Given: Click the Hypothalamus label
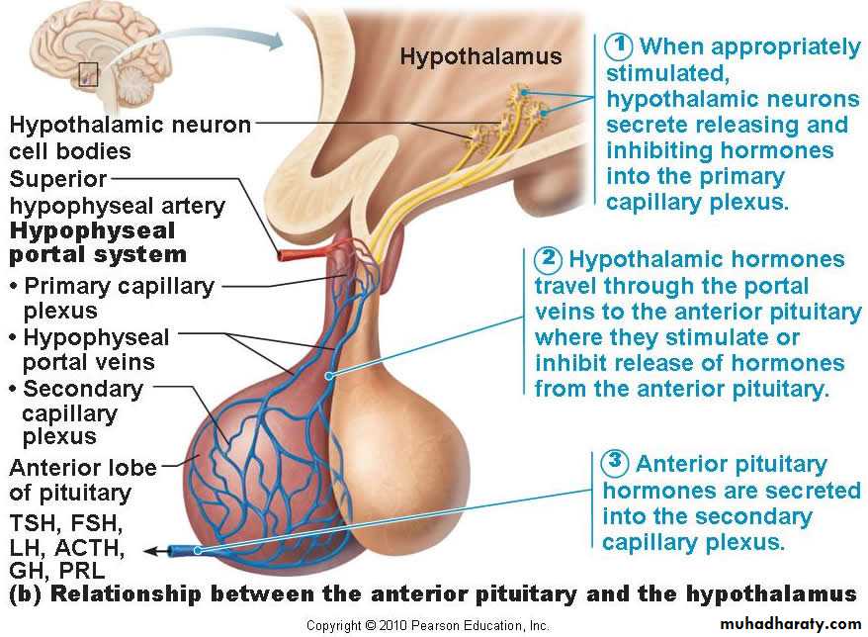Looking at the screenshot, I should [x=479, y=56].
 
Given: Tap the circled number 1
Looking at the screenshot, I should [x=619, y=46].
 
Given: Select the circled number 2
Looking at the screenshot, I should [x=548, y=260].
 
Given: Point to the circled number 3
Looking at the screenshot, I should [x=615, y=463].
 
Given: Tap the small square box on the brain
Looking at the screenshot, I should [x=88, y=74].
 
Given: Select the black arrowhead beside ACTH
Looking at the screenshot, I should [x=150, y=551].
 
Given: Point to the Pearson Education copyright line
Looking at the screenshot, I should [x=427, y=625].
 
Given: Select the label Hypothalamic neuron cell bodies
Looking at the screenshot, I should [x=129, y=138].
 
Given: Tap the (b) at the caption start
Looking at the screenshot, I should [x=24, y=594].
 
